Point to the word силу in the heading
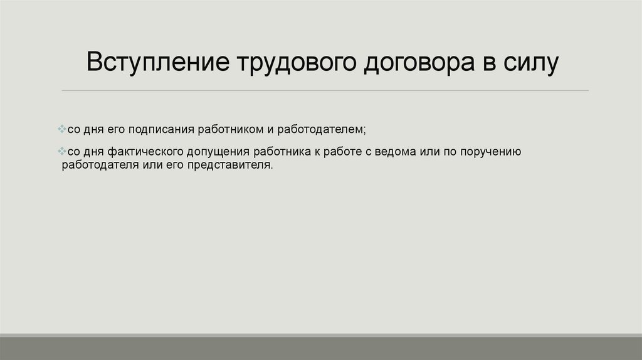click(530, 65)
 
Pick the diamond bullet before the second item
click(61, 152)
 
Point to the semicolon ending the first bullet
click(363, 130)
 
